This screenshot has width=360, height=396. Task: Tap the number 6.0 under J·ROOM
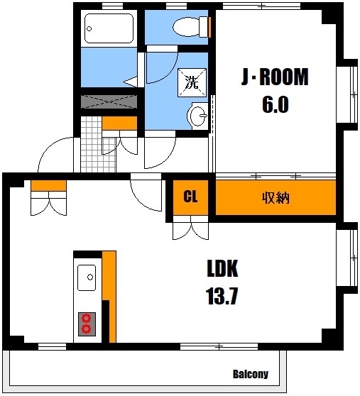(x=275, y=104)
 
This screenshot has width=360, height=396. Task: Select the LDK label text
(x=222, y=269)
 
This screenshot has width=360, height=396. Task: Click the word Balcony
(x=250, y=374)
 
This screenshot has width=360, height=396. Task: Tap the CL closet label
(x=190, y=197)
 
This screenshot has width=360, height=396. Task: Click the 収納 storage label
(x=276, y=197)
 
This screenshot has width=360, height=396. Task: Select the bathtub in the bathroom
(x=109, y=29)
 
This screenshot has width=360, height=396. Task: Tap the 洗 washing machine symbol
(x=192, y=81)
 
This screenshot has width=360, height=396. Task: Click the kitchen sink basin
(x=87, y=276)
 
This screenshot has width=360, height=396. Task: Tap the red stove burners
(x=87, y=323)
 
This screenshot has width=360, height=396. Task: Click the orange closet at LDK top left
(x=48, y=186)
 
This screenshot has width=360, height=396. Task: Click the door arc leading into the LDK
(x=148, y=193)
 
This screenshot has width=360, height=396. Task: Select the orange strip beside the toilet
(x=211, y=27)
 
